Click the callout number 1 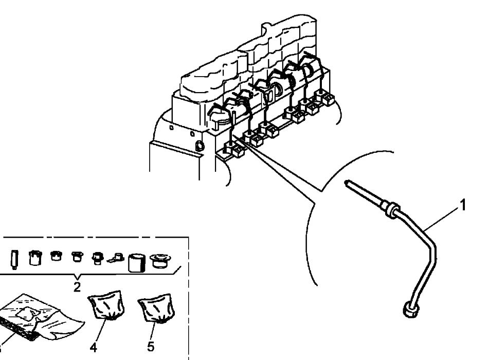pyautogui.click(x=463, y=205)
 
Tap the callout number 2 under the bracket pyautogui.click(x=77, y=286)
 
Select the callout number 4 pyautogui.click(x=93, y=347)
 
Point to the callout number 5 pyautogui.click(x=151, y=346)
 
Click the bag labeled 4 pyautogui.click(x=106, y=305)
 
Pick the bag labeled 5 pyautogui.click(x=156, y=308)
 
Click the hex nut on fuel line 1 pyautogui.click(x=392, y=209)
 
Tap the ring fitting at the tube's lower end pyautogui.click(x=410, y=310)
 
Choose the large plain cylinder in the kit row pyautogui.click(x=137, y=263)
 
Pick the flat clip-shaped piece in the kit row pyautogui.click(x=116, y=257)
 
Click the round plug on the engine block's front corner pyautogui.click(x=200, y=145)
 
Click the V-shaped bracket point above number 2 pyautogui.click(x=77, y=278)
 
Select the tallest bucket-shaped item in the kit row pyautogui.click(x=35, y=258)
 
